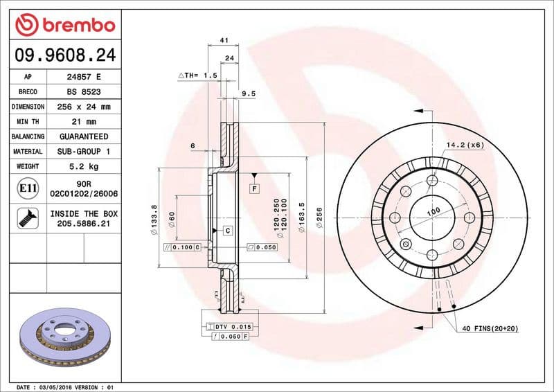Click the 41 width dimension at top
pyautogui.click(x=224, y=41)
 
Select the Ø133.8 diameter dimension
pyautogui.click(x=154, y=217)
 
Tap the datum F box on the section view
pyautogui.click(x=254, y=188)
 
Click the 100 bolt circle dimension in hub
pyautogui.click(x=433, y=211)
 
